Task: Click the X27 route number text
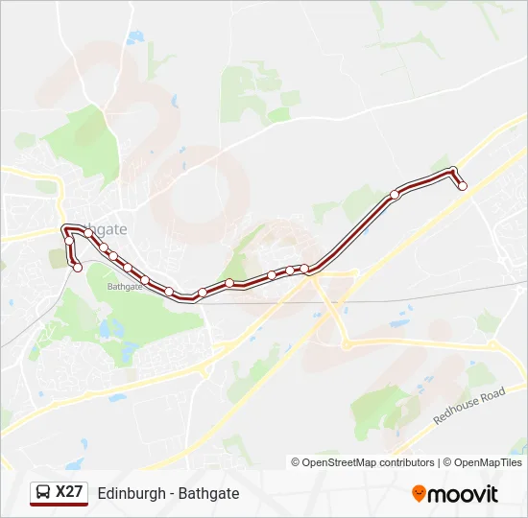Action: [70, 492]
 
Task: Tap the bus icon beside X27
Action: [44, 493]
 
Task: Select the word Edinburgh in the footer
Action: [130, 493]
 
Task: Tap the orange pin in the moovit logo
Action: [420, 494]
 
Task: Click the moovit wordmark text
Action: [463, 494]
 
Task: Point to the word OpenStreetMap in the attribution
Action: [340, 462]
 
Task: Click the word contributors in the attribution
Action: [407, 462]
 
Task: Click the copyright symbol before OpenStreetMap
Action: [296, 462]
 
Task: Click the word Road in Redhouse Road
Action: [493, 393]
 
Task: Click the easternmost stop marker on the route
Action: [463, 186]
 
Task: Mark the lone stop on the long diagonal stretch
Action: [395, 195]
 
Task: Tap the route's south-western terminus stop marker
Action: [78, 268]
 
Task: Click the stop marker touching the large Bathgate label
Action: [88, 232]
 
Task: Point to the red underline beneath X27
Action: [59, 506]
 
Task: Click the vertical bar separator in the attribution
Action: [441, 462]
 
